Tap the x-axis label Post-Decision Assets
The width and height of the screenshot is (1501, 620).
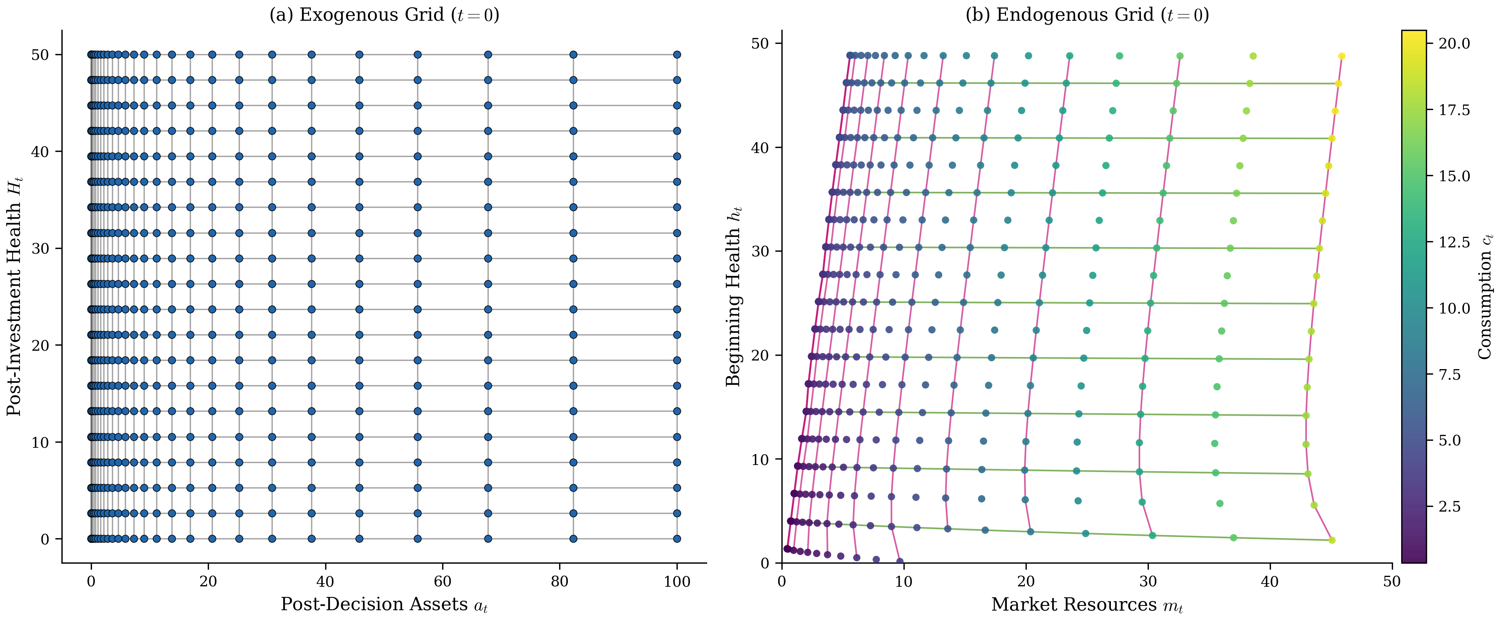[384, 604]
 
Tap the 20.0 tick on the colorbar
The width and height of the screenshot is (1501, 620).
[1454, 44]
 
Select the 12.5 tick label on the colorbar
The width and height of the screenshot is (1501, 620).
[1454, 242]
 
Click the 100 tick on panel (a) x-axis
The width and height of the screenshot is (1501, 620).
[677, 582]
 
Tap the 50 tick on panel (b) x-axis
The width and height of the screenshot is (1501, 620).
[1392, 582]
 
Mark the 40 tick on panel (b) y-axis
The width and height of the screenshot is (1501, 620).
[760, 148]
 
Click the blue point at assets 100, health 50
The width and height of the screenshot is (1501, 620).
[677, 55]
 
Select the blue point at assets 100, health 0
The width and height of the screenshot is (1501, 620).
[677, 539]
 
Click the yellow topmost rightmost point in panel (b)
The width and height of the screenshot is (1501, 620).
[1341, 56]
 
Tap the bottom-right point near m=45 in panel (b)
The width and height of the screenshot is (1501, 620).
[1332, 540]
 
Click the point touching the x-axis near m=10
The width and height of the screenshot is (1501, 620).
[900, 562]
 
